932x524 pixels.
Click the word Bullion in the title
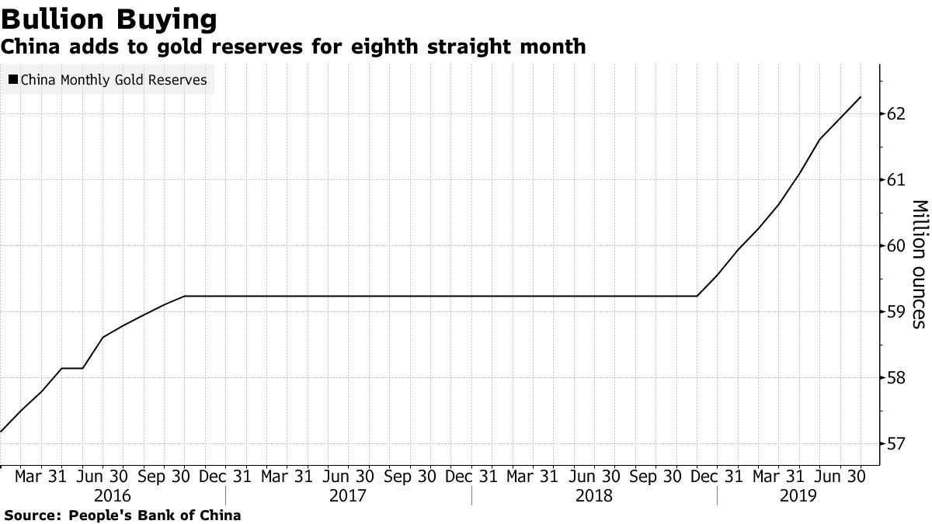pos(54,18)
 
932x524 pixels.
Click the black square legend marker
pos(13,79)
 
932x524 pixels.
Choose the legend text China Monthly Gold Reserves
pos(113,79)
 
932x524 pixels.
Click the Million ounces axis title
pos(918,264)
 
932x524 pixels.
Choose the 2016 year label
pos(113,495)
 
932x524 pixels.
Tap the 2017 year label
pos(348,495)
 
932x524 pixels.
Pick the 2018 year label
pos(594,495)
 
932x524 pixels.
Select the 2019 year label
pos(798,495)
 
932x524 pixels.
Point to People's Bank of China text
pos(155,515)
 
